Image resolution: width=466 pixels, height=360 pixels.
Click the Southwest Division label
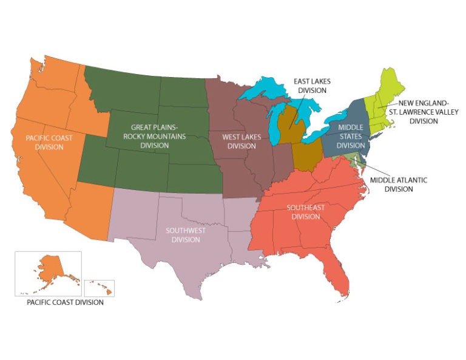pyautogui.click(x=186, y=235)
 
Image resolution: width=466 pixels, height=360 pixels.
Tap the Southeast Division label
pyautogui.click(x=305, y=212)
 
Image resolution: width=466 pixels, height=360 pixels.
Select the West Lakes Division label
pyautogui.click(x=241, y=141)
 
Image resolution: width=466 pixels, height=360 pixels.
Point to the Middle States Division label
pyautogui.click(x=351, y=136)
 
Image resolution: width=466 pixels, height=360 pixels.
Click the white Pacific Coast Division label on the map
pyautogui.click(x=49, y=142)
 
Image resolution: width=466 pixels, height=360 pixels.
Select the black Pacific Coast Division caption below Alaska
pyautogui.click(x=60, y=302)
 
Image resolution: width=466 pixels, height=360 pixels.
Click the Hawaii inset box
pyautogui.click(x=100, y=288)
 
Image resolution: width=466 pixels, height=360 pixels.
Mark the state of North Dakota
pyautogui.click(x=182, y=92)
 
